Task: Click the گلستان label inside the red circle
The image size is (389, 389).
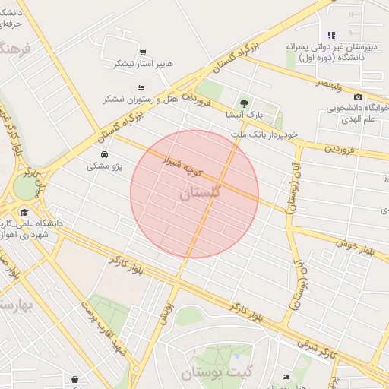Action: [200, 193]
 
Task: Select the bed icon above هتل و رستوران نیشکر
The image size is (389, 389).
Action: [141, 87]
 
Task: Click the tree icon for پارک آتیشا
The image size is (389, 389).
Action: [243, 103]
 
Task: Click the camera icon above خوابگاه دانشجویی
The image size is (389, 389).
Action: [358, 96]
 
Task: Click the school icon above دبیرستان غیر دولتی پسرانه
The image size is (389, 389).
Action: [331, 35]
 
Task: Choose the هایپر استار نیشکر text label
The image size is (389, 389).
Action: [138, 64]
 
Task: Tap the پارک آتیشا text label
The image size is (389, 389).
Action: [244, 115]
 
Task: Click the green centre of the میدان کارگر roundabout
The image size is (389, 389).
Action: [24, 187]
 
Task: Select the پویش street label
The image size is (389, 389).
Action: [166, 307]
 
